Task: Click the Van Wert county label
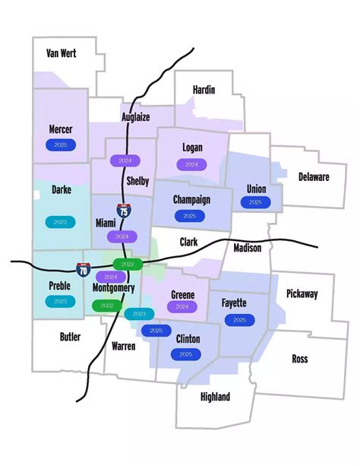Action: pos(62,53)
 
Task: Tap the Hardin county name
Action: pos(204,90)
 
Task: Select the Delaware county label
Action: pos(314,177)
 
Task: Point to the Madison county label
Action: pos(247,248)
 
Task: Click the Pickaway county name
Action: pos(302,293)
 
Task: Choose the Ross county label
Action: pos(299,359)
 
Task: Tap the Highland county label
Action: pos(215,397)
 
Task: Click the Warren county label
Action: pos(123,346)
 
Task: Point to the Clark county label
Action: pos(188,242)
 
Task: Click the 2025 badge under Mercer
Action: pos(61,144)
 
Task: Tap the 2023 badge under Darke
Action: pos(61,222)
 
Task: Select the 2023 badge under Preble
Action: pos(60,301)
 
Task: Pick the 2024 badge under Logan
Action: pos(191,164)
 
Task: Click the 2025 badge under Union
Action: pos(255,202)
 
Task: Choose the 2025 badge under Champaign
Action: pos(189,216)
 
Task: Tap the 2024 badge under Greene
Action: pos(182,306)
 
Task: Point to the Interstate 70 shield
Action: pos(82,268)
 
